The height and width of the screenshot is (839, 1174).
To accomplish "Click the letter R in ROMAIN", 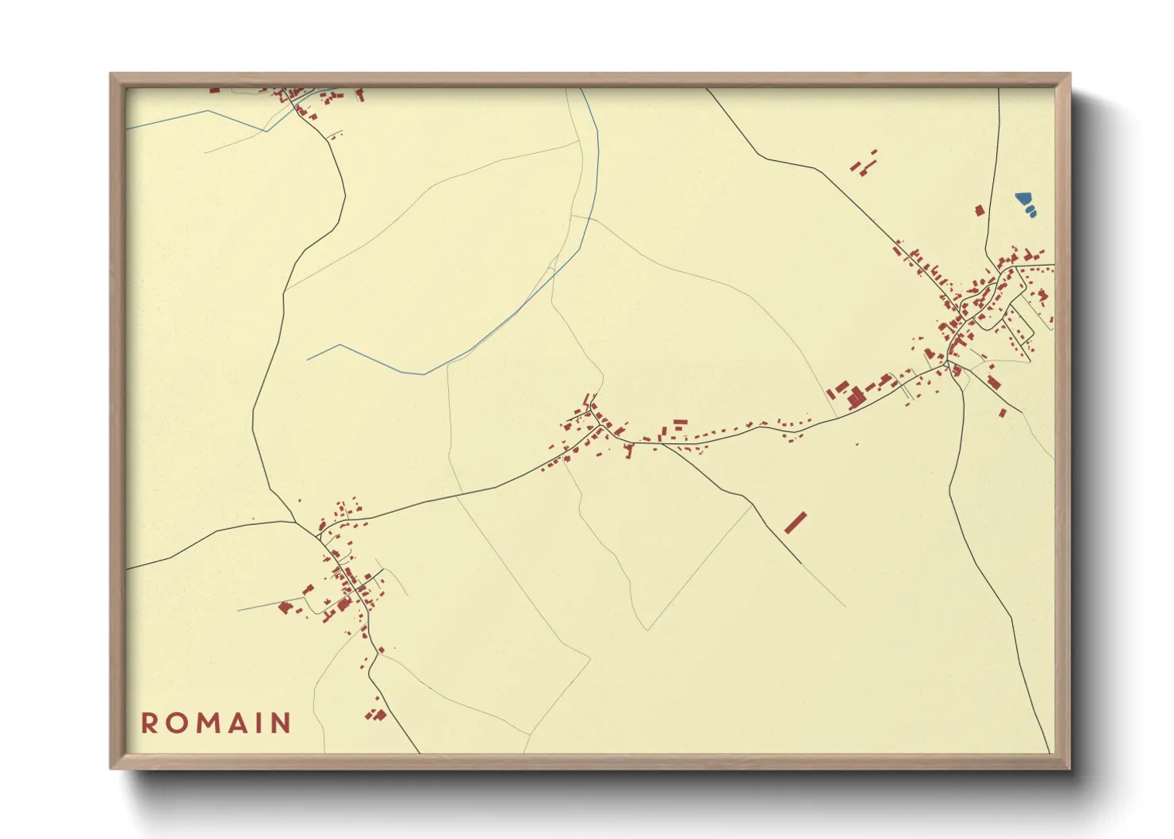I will (148, 723).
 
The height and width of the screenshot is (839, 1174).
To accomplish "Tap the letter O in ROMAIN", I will (176, 723).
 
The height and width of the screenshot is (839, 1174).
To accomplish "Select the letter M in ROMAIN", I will (206, 723).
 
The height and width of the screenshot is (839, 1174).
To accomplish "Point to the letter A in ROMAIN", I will (236, 723).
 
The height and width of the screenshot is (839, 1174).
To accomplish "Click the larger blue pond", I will (1023, 198).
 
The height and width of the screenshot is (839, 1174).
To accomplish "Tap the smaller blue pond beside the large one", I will (1031, 212).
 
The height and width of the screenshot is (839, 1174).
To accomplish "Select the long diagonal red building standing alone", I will (796, 523).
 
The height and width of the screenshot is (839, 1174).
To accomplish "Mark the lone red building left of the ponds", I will (979, 210).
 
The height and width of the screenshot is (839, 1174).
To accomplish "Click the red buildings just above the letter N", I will (375, 714).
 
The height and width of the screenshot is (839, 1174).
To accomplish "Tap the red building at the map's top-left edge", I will (214, 90).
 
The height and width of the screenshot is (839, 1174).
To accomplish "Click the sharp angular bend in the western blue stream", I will (340, 345).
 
